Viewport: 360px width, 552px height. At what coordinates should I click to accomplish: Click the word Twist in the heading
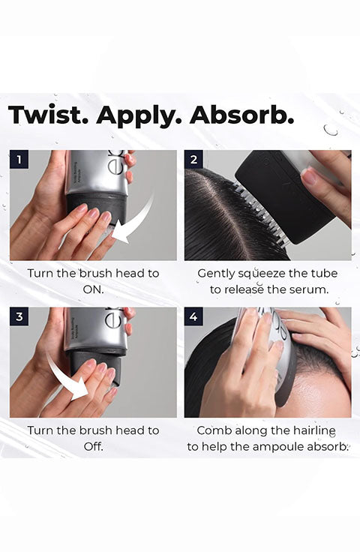(46, 115)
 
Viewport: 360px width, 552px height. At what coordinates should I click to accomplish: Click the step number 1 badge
(19, 160)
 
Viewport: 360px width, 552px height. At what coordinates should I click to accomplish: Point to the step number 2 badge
(193, 160)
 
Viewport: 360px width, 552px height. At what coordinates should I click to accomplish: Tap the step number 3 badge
(19, 316)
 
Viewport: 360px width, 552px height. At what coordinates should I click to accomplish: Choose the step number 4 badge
(193, 316)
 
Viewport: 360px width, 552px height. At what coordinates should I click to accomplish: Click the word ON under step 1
(93, 289)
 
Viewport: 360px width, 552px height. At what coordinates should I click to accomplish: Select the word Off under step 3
(93, 446)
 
